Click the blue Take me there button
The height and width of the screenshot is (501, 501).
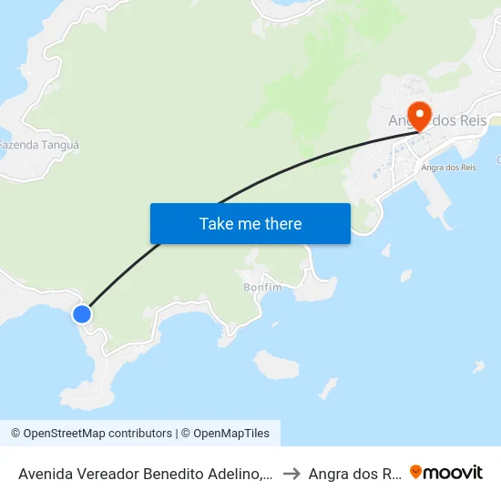250,223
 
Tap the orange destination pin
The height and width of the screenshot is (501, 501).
420,117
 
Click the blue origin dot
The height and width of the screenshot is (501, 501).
82,314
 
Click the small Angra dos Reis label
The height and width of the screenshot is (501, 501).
447,168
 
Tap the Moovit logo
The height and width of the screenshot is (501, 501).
445,472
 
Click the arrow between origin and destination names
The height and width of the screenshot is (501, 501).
291,473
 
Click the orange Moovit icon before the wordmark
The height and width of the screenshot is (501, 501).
416,472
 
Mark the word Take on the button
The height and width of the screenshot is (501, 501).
216,223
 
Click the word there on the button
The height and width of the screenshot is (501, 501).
282,223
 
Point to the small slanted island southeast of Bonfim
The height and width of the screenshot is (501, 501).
329,389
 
